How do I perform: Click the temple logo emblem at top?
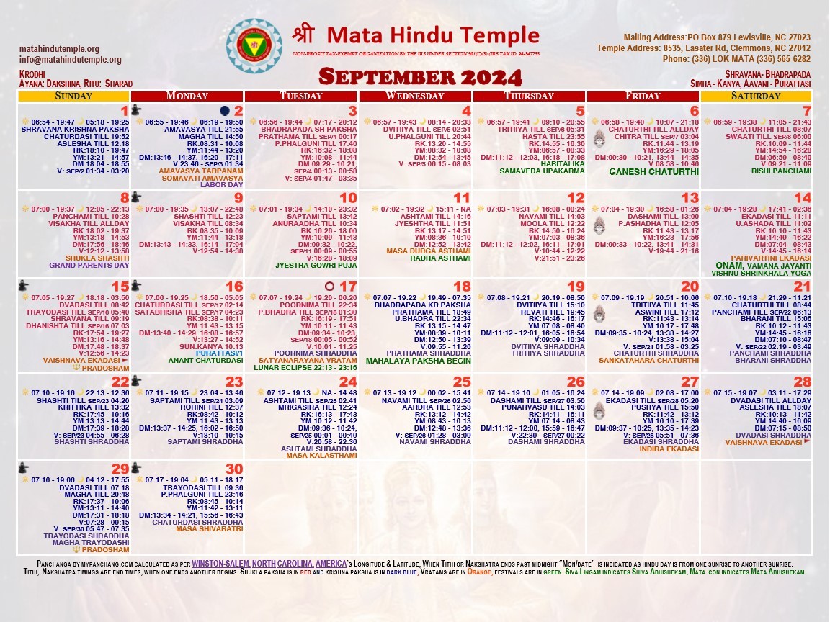coord(254,46)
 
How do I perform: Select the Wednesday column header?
coord(414,96)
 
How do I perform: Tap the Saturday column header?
coord(756,96)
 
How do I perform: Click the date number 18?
coord(462,286)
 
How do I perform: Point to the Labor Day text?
coord(223,185)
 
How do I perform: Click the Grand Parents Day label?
coord(84,265)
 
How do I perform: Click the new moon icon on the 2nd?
coord(225,110)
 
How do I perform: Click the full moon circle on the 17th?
coord(330,286)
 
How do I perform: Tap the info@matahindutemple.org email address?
coord(71,60)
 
